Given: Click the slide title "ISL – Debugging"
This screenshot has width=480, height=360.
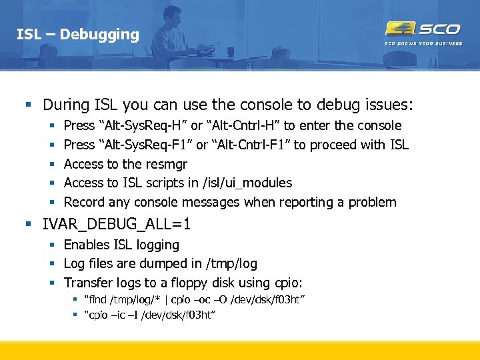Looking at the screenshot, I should click(x=78, y=34).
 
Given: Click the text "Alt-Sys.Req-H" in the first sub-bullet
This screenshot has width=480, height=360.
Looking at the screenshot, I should click(x=141, y=125).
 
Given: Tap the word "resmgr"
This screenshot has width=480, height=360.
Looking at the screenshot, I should click(x=166, y=164).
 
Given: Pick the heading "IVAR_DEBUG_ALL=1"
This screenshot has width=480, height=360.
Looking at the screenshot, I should click(x=117, y=224).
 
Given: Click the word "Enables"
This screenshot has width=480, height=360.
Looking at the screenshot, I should click(x=87, y=245).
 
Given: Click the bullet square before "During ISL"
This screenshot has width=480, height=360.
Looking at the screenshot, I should click(x=28, y=105).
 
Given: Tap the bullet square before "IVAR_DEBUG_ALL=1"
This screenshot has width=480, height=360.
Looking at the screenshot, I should click(x=28, y=224).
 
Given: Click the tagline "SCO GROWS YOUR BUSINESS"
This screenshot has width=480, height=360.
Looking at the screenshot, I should click(x=423, y=44).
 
